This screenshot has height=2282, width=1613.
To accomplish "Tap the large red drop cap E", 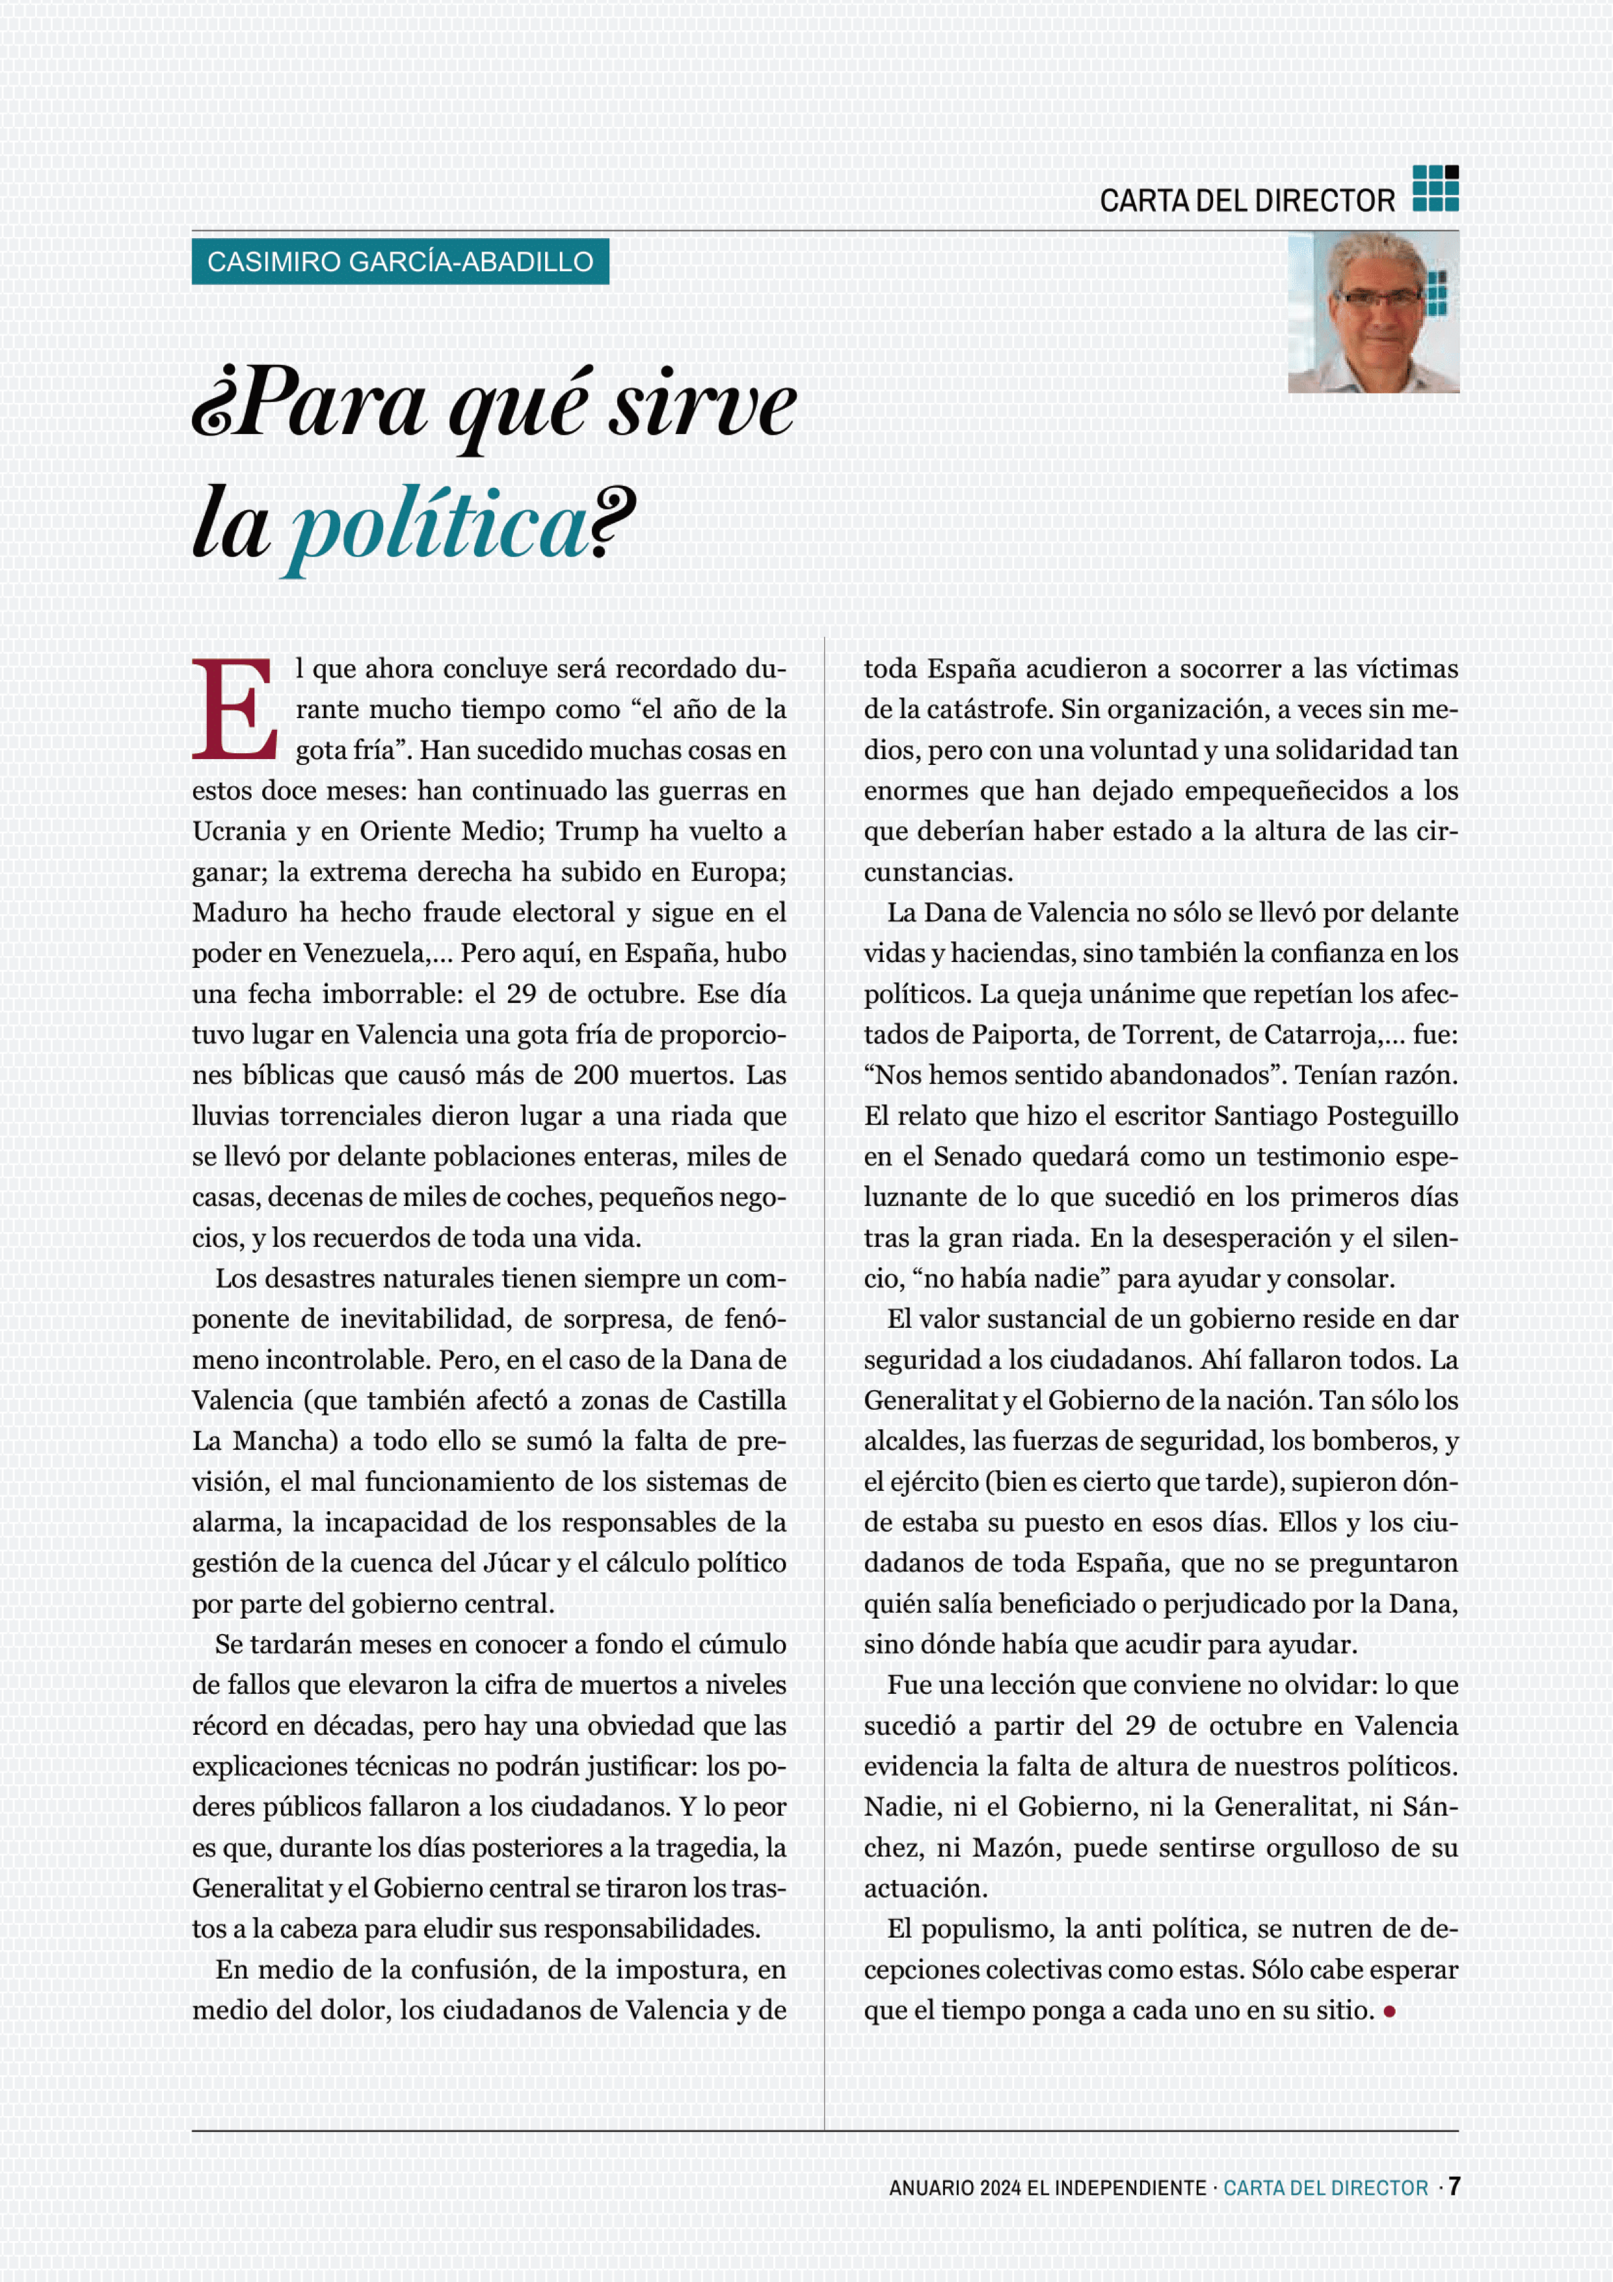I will [x=235, y=708].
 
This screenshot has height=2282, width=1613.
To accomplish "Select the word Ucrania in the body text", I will [x=239, y=831].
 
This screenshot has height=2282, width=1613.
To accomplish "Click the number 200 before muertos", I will [x=595, y=1075].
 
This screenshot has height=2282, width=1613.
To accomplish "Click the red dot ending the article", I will [x=1389, y=2011].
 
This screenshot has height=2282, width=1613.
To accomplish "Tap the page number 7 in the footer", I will [x=1454, y=2186].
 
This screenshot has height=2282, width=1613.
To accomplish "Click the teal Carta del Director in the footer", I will [x=1325, y=2188].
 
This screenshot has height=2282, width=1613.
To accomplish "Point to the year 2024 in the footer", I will [x=1000, y=2188].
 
